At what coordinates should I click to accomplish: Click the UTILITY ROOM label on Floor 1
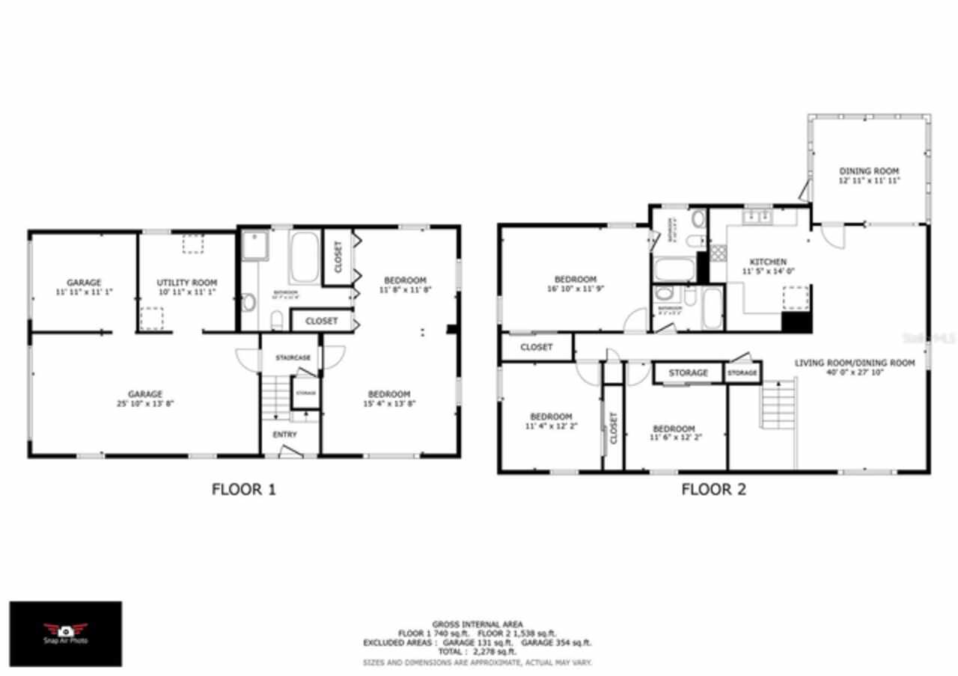(186, 283)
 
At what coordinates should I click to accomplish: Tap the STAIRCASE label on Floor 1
(293, 358)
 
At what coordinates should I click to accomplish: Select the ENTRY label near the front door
(284, 434)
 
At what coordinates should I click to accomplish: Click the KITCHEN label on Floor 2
(768, 262)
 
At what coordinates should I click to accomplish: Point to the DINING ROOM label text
(868, 170)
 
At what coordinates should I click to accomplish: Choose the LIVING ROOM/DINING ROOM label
(855, 363)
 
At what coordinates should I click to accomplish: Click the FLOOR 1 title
(244, 491)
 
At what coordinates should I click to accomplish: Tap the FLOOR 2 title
(713, 491)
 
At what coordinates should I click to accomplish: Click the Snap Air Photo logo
(65, 633)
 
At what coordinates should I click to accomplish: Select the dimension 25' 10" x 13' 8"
(144, 404)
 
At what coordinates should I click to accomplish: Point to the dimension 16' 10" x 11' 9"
(575, 289)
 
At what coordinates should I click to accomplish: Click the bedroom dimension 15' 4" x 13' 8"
(389, 404)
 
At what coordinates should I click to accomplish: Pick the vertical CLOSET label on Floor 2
(613, 428)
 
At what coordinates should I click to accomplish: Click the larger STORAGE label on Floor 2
(688, 372)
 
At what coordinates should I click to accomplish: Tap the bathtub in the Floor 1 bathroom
(304, 258)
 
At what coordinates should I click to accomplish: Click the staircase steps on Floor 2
(778, 404)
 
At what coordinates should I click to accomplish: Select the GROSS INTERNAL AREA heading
(478, 624)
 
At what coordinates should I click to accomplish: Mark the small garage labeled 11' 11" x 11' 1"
(84, 286)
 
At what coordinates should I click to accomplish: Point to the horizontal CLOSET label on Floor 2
(536, 348)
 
